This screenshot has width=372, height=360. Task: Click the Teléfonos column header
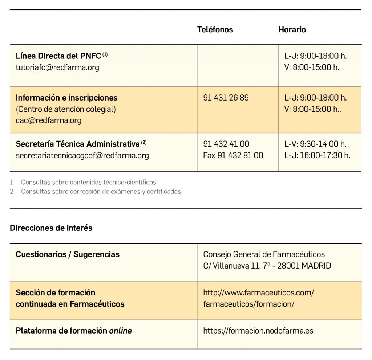click(x=215, y=30)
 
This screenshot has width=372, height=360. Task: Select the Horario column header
click(x=292, y=30)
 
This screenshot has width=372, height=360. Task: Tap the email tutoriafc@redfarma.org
click(x=57, y=67)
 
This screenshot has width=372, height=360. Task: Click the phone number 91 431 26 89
click(x=226, y=98)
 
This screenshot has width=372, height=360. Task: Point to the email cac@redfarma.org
click(x=48, y=120)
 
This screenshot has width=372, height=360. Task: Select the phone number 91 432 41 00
click(x=226, y=144)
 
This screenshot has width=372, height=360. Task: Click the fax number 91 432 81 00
click(x=233, y=155)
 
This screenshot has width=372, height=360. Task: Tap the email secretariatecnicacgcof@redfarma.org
click(x=82, y=156)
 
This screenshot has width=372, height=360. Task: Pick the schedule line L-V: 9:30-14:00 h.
click(x=315, y=144)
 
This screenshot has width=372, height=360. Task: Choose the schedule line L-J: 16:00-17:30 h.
click(x=317, y=155)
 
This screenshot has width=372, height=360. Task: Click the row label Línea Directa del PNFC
click(x=58, y=56)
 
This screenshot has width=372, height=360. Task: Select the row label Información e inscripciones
click(x=66, y=98)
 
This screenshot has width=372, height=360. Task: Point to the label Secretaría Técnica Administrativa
click(x=77, y=144)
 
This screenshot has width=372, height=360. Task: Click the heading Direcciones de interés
click(x=51, y=228)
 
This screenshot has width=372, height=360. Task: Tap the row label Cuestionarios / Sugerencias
click(x=68, y=254)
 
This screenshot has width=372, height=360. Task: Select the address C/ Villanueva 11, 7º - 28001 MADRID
click(x=267, y=266)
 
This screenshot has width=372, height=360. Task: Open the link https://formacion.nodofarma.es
click(x=258, y=331)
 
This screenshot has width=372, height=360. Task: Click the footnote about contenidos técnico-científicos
click(x=89, y=182)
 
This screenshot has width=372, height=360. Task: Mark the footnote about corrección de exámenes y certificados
click(x=102, y=191)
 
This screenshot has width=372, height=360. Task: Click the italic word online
click(x=120, y=331)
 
